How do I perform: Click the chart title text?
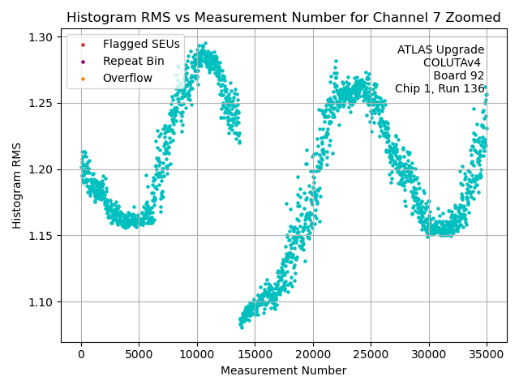283,17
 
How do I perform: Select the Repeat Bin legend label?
133,61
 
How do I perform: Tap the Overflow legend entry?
127,78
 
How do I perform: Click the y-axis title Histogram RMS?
17,186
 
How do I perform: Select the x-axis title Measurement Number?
283,370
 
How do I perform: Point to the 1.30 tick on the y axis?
41,37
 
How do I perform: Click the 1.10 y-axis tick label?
41,302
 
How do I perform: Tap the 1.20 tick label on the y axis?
41,169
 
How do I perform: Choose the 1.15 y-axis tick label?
41,236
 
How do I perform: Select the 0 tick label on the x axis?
81,354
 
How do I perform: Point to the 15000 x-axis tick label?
255,354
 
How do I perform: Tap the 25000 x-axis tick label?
371,354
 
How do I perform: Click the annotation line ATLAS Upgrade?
440,50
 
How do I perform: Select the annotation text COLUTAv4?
453,63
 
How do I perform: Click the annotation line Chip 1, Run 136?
440,89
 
